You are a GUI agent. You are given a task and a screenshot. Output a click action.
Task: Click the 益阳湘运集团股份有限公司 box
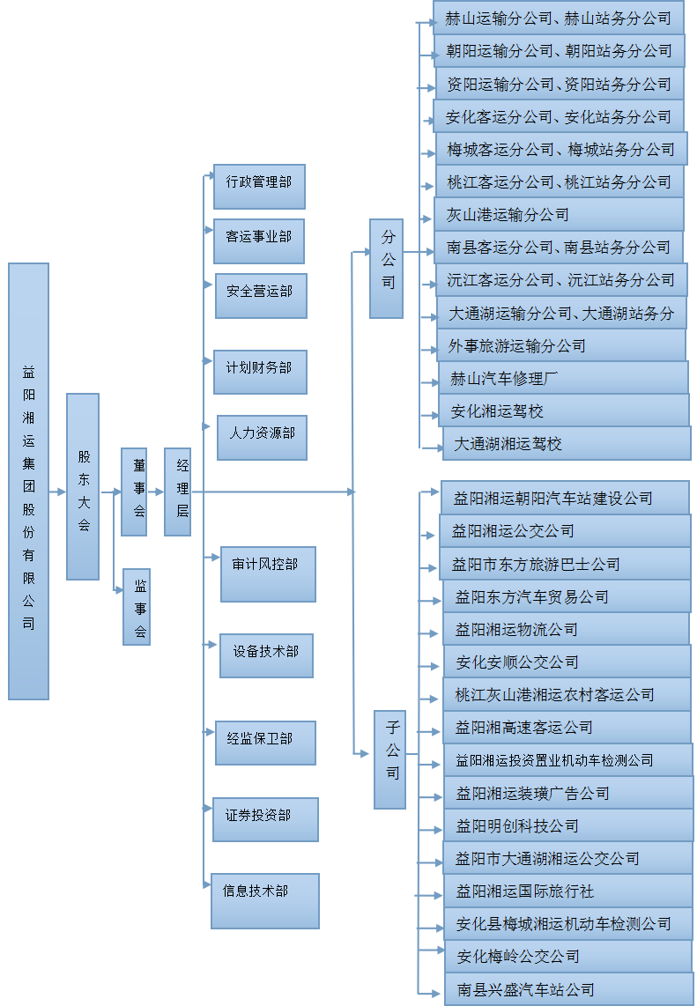click(x=28, y=481)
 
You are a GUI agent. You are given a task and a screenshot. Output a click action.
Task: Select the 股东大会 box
click(x=83, y=486)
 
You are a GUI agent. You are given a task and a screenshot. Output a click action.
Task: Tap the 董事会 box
click(x=134, y=492)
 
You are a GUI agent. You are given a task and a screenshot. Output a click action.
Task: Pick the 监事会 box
click(x=137, y=606)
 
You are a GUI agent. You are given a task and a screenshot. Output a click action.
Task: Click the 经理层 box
click(x=177, y=492)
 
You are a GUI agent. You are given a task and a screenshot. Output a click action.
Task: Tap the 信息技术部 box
click(x=264, y=900)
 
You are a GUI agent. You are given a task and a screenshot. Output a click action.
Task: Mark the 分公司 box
click(x=386, y=268)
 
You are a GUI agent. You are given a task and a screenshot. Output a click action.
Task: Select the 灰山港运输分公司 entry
click(x=559, y=215)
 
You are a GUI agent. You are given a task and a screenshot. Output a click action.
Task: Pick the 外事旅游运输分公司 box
click(x=561, y=345)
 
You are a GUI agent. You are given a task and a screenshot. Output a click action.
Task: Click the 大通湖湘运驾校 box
click(x=567, y=443)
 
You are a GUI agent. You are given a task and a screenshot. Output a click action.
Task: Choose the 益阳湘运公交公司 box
click(x=565, y=531)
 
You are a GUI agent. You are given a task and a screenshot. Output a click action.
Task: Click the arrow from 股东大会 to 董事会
click(x=111, y=492)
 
